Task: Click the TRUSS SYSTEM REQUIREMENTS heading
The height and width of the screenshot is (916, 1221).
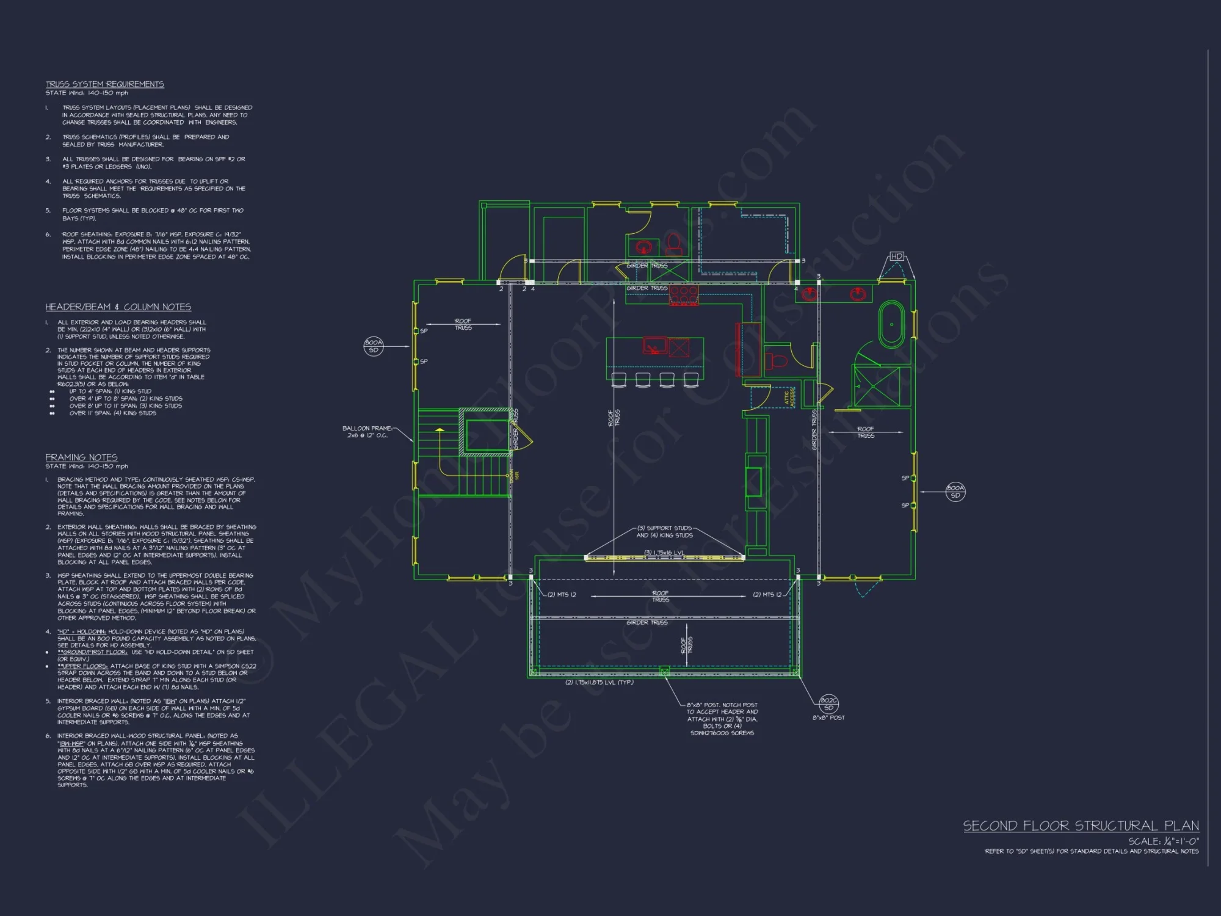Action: (x=104, y=84)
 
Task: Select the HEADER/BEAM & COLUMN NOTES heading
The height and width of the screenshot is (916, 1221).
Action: (x=118, y=307)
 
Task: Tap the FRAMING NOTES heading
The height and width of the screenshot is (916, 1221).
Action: (x=81, y=457)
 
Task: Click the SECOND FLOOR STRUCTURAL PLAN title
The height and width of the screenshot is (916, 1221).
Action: (x=1081, y=826)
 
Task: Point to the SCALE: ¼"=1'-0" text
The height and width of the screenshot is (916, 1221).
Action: (x=1163, y=841)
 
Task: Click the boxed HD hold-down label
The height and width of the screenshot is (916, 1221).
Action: (x=896, y=256)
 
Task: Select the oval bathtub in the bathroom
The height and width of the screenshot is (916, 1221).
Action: (x=891, y=324)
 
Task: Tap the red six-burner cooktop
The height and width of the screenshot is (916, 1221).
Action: (x=684, y=295)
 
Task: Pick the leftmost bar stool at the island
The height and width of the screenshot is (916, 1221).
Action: (x=618, y=380)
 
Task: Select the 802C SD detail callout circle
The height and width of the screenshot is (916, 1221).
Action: (x=828, y=703)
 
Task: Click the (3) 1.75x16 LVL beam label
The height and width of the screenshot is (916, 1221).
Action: (x=664, y=553)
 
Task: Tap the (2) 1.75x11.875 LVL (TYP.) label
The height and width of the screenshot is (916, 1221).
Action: (x=599, y=682)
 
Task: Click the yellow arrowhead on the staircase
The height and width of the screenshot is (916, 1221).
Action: (x=439, y=431)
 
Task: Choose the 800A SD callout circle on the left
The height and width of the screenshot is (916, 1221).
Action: (x=373, y=346)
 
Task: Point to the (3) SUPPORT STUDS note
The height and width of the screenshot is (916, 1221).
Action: (x=664, y=531)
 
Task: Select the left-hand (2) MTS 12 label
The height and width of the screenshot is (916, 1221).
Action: (x=561, y=594)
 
